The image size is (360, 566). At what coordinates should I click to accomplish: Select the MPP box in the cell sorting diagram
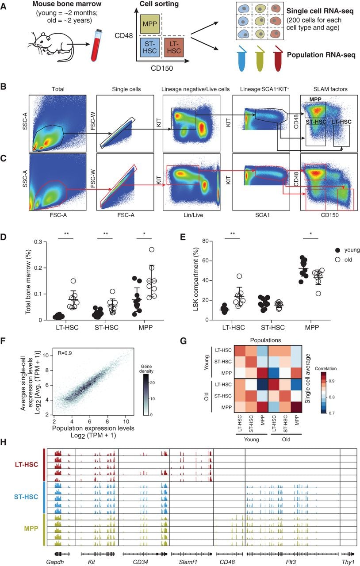tap(149, 24)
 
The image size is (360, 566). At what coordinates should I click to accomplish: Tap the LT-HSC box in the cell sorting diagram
tap(174, 48)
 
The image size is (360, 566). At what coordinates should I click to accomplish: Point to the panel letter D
tap(3, 237)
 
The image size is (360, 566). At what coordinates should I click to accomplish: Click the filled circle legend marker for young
tap(337, 250)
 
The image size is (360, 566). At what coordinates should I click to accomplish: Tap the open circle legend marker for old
tap(337, 260)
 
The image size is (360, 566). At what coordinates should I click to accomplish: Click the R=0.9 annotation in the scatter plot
tap(65, 353)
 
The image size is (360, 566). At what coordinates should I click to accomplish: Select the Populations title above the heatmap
tap(265, 340)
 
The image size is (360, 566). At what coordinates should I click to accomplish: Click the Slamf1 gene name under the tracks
tap(188, 562)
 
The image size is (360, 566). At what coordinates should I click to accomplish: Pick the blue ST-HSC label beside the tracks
tap(26, 497)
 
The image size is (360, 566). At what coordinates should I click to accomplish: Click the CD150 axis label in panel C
tap(329, 215)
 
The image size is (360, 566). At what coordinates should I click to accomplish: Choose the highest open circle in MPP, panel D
tap(151, 250)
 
